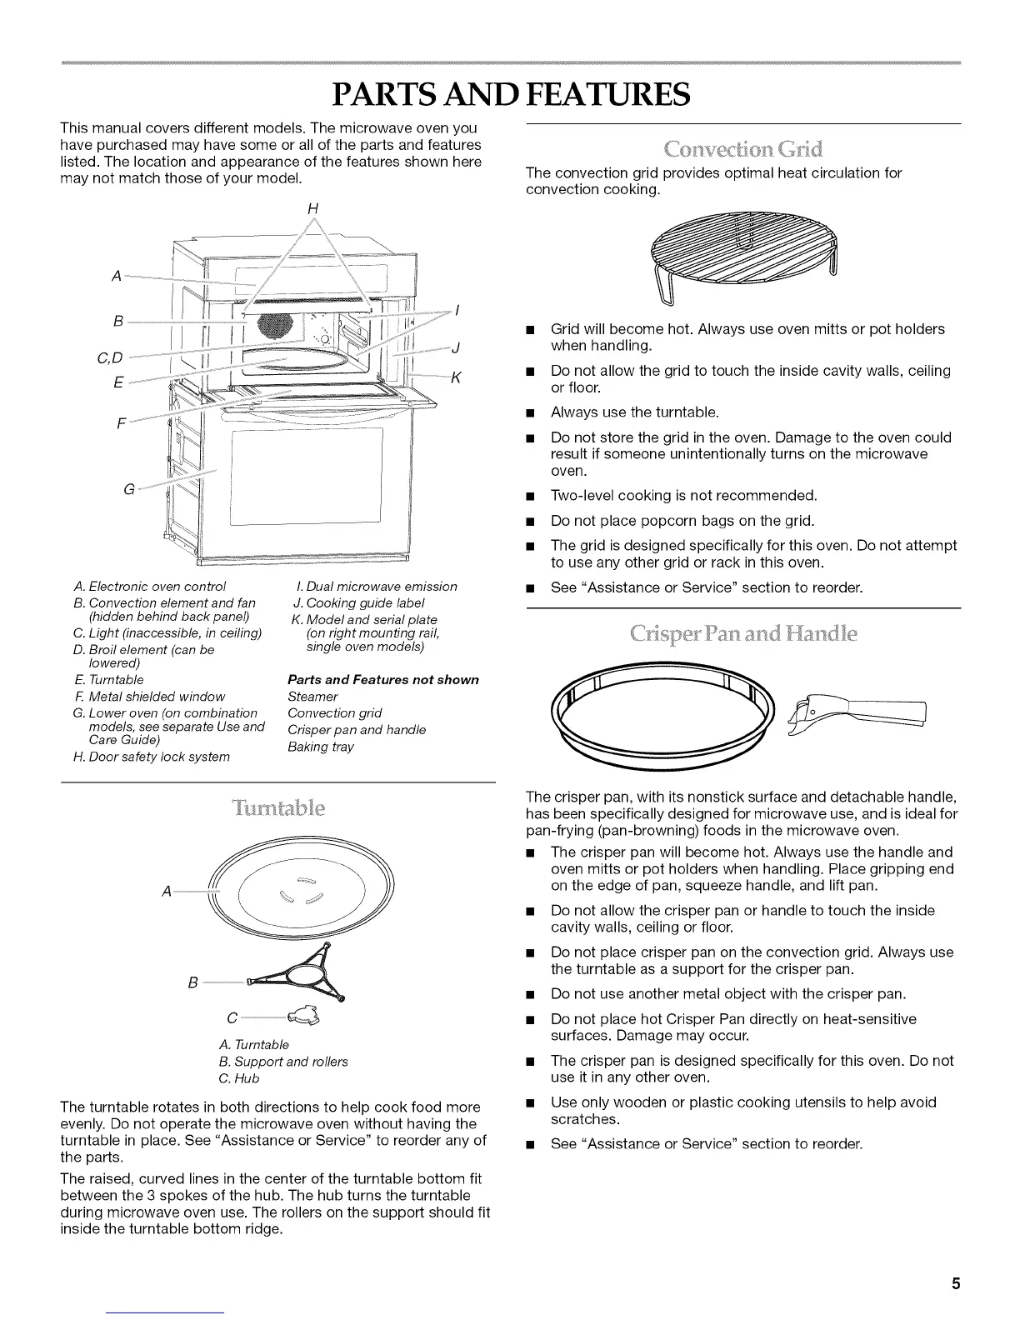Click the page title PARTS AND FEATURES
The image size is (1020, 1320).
click(510, 94)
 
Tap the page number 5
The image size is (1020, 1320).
click(956, 1283)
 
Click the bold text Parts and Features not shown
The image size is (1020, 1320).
click(382, 679)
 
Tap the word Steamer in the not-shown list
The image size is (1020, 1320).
click(312, 696)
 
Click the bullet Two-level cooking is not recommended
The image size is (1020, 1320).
click(683, 496)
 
